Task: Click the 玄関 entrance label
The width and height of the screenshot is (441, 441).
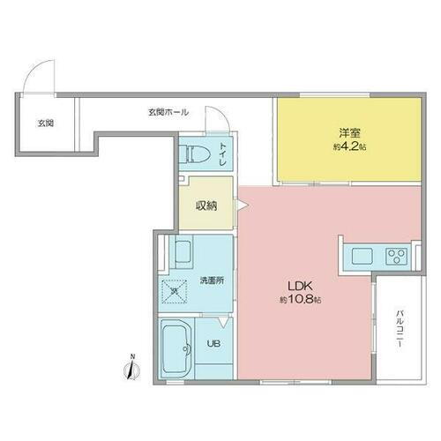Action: point(45,123)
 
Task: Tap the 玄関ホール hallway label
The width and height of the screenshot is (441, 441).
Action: point(168,112)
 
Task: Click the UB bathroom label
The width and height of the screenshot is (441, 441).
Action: point(213,345)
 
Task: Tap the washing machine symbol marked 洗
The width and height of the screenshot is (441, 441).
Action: point(174,289)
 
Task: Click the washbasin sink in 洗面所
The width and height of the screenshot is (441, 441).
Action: point(183,254)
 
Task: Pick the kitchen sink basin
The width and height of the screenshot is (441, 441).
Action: point(362,257)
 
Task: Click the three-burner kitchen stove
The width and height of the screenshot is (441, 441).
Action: point(394,258)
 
